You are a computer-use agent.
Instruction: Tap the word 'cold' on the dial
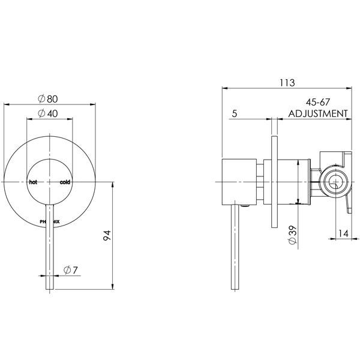point(65,181)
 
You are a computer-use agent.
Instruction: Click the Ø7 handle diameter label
point(70,271)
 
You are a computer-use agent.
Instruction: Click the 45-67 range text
point(317,104)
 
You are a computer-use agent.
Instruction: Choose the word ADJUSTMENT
point(318,113)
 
